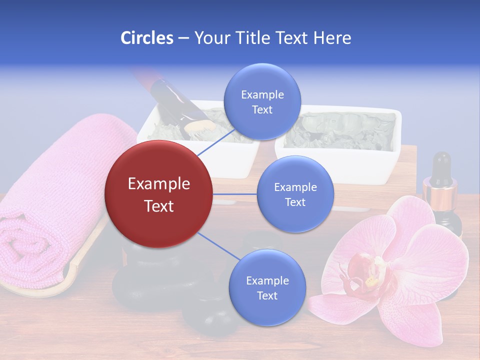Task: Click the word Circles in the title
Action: (x=146, y=38)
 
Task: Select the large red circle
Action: (x=159, y=194)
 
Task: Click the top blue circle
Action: (x=262, y=101)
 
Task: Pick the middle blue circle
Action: (x=295, y=194)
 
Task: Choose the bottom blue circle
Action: (x=267, y=287)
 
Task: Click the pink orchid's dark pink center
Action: (x=367, y=272)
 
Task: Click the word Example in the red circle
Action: (x=159, y=184)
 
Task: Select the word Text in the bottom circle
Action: (x=267, y=295)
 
